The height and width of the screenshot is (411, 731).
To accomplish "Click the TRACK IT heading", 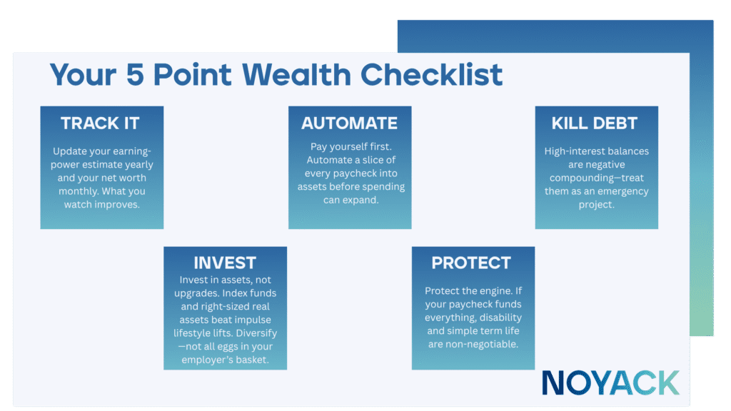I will [101, 123].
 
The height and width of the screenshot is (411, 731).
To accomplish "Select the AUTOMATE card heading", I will [349, 123].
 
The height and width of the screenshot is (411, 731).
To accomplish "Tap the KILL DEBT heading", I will [596, 123].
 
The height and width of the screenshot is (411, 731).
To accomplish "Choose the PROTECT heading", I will [473, 263].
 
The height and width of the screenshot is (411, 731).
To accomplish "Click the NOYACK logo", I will [610, 382].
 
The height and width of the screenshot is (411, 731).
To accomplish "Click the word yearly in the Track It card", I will [136, 165].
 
